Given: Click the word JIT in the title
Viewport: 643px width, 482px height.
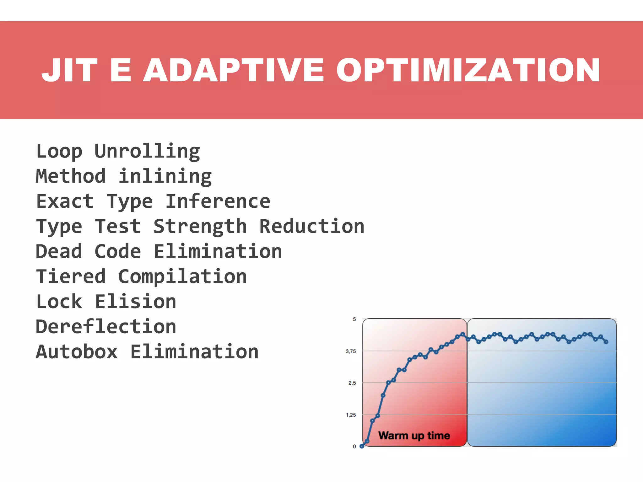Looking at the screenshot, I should (69, 70).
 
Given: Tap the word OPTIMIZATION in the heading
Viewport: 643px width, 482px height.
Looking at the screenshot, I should (468, 70).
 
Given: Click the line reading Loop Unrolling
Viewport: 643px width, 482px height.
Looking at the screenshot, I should (118, 152).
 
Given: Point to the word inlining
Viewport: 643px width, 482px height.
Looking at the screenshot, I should (165, 177).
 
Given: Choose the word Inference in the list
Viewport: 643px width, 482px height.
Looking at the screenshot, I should (218, 201).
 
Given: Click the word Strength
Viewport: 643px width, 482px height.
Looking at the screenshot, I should (200, 227).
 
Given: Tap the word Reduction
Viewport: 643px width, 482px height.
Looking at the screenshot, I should (312, 227).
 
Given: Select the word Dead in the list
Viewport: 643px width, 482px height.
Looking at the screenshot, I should (59, 252).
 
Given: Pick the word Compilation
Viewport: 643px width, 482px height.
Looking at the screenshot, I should (182, 277).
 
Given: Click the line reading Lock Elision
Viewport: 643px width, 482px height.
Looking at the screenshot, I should (106, 302).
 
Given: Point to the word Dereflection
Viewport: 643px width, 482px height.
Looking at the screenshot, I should (106, 327).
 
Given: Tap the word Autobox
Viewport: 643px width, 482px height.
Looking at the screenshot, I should (77, 352).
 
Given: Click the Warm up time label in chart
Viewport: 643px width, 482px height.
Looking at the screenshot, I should (414, 436).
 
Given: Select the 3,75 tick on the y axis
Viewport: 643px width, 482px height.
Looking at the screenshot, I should (351, 351).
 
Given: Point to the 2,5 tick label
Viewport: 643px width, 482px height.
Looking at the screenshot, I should (352, 383).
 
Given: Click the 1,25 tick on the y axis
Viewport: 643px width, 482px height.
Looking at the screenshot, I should (351, 415).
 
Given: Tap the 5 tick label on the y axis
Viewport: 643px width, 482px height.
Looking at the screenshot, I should (354, 319).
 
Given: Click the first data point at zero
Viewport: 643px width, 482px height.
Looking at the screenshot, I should (362, 446).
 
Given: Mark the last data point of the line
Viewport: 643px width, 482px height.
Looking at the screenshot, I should (606, 342).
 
